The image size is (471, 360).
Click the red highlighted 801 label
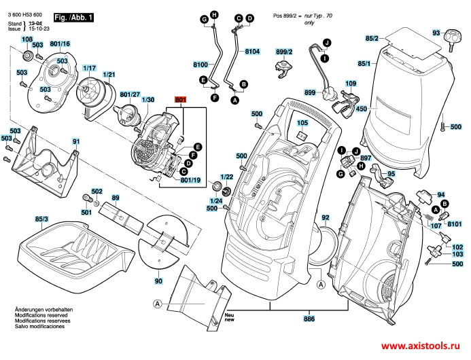point(180,100)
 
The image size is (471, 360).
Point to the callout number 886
point(309,318)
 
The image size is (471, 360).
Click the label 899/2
point(283,52)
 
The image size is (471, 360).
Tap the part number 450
point(361,109)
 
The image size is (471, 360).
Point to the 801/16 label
point(60,44)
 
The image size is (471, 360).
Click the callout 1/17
point(89,69)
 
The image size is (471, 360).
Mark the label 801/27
point(129,94)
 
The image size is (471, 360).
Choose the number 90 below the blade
point(159,281)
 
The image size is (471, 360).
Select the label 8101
point(455,223)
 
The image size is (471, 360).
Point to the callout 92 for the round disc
point(326,218)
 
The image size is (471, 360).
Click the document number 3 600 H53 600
point(27,15)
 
